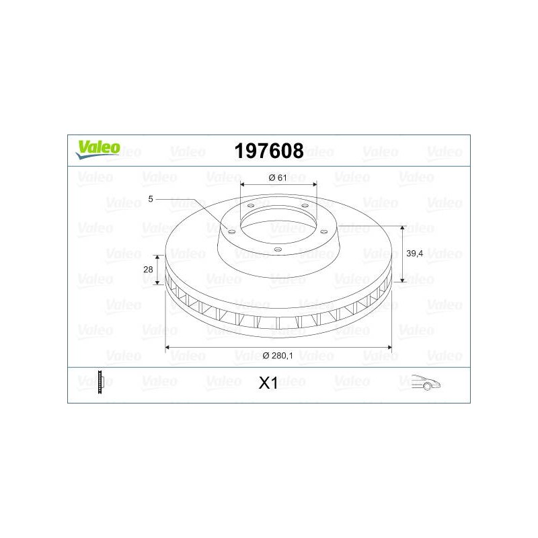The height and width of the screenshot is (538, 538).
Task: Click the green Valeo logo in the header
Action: coord(98,150)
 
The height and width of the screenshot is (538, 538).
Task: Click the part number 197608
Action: coord(269,151)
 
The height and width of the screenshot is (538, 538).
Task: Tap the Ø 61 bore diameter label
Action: coord(278,178)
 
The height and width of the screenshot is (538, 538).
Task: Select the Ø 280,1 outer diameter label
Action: coord(278,356)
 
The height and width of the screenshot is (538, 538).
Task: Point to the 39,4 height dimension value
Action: coord(414,254)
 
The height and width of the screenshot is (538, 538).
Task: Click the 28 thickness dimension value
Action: coord(148,270)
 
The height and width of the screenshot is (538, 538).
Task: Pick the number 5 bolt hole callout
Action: coord(151,199)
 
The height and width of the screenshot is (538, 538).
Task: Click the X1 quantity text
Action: coord(268,383)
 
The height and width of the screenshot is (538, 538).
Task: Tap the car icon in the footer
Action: coord(426,382)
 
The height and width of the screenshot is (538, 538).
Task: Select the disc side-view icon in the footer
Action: coord(100,382)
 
